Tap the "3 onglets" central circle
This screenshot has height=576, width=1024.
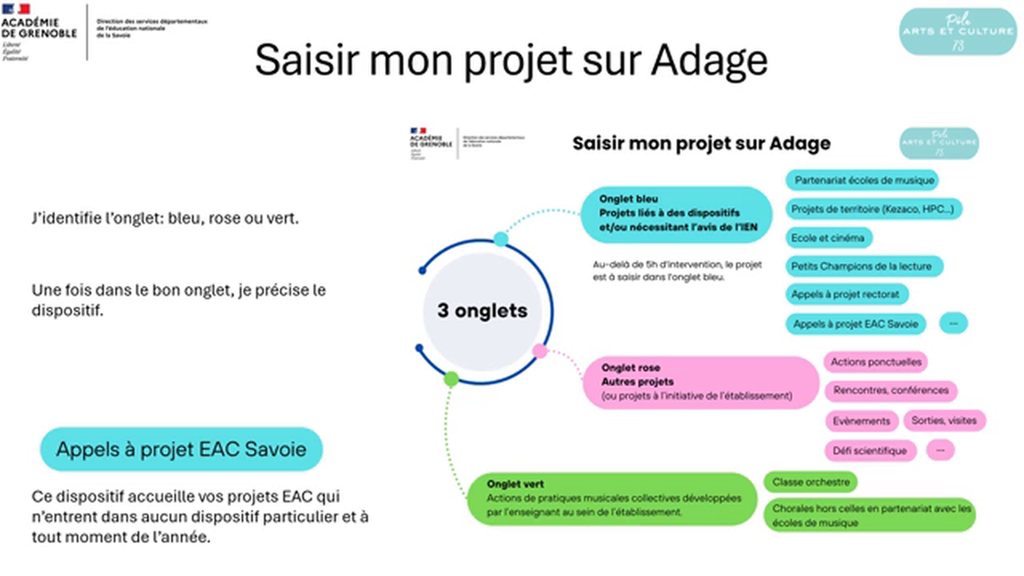482,311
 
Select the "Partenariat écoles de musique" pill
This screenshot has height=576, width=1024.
861,180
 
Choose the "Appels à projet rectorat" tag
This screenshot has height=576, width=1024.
846,294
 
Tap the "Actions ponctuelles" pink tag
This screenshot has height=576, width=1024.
875,362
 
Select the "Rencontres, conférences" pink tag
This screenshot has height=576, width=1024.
890,390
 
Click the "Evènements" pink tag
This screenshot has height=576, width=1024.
861,420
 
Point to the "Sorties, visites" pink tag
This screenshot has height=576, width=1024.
944,420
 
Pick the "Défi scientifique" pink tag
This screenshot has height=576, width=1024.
870,450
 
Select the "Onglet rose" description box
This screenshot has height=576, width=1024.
696,382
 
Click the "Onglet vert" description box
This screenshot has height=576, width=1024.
612,498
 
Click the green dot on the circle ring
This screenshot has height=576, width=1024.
451,379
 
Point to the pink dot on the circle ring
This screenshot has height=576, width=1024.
540,350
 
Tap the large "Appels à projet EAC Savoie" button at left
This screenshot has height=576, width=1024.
181,449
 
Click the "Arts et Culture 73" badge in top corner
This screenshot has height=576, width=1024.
958,31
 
